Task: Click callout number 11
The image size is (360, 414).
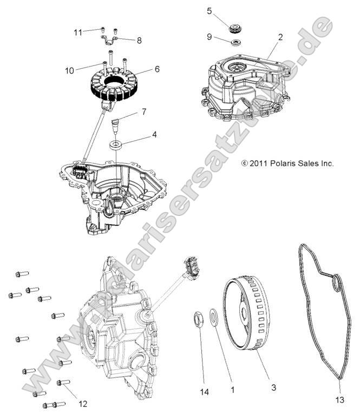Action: click(x=78, y=32)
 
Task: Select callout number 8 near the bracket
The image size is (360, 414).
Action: click(x=139, y=40)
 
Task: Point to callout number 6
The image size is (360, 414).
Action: click(x=157, y=70)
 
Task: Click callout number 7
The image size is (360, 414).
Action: click(x=143, y=113)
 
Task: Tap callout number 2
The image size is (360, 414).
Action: click(x=280, y=37)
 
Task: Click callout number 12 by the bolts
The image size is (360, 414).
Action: click(x=83, y=403)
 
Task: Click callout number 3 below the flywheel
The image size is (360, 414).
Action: click(x=274, y=387)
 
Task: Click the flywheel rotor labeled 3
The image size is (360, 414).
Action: click(x=249, y=319)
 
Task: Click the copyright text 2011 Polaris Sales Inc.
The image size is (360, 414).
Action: click(x=287, y=162)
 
